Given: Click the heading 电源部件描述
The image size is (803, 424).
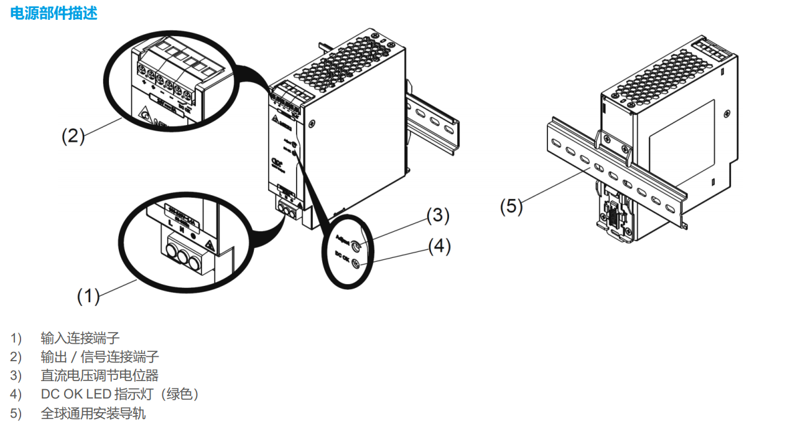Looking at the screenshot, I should [54, 13].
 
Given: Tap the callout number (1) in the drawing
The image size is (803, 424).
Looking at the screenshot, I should [88, 297].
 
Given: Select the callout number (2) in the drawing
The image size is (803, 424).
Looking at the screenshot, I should [73, 136].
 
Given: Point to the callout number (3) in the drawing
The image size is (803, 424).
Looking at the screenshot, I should [437, 215].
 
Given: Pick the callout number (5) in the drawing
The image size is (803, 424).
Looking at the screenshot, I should [512, 206].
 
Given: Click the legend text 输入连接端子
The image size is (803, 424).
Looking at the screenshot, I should [80, 338].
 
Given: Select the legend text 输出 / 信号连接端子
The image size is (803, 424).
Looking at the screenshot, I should [100, 356].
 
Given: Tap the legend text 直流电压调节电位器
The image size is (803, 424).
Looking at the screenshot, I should [100, 376].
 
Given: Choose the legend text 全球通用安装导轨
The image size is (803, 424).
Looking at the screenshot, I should [93, 413].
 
